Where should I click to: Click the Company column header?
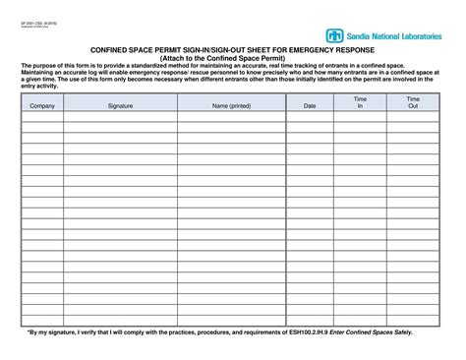click(x=42, y=104)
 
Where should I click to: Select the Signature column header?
click(x=120, y=104)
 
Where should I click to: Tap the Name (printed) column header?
click(x=231, y=104)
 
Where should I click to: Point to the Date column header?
click(x=310, y=104)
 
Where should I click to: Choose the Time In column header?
click(x=360, y=101)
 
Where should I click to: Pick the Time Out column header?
click(x=413, y=101)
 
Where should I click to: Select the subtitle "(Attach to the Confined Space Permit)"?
click(x=232, y=58)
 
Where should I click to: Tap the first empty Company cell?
click(x=42, y=115)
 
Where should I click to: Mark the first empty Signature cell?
click(x=120, y=115)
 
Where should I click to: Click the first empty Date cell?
click(x=310, y=115)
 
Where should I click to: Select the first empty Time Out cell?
click(x=413, y=115)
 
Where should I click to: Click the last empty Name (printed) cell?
click(x=231, y=320)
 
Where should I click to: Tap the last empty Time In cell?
click(x=360, y=320)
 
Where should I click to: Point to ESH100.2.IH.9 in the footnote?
click(x=305, y=332)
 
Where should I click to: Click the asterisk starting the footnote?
click(x=28, y=332)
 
